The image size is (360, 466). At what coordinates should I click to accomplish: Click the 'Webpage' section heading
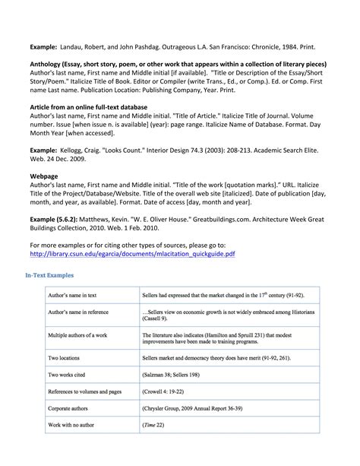tap(45, 174)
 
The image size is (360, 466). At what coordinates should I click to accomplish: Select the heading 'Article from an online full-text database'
tap(88, 107)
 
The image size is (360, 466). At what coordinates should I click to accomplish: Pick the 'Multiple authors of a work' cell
tap(78, 334)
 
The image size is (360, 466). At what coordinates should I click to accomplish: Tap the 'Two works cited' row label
tap(68, 374)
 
